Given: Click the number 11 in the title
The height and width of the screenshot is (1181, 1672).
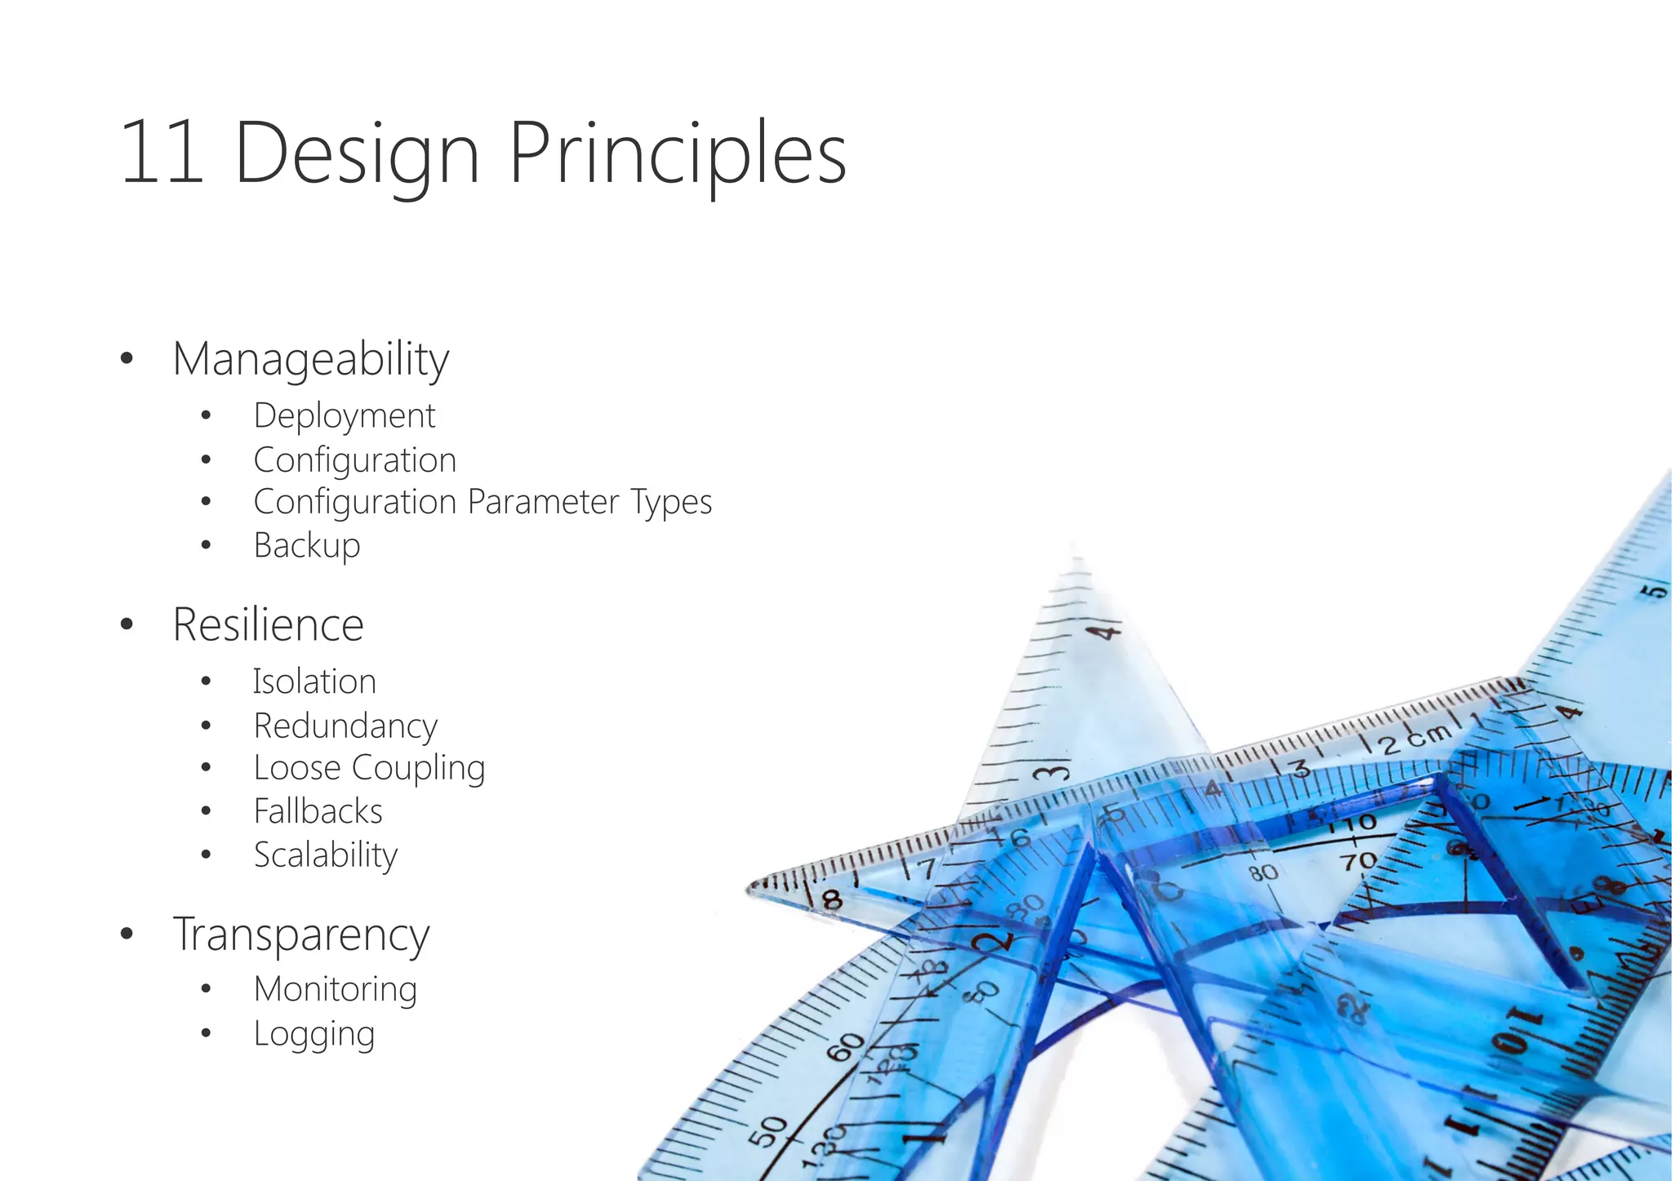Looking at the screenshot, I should (162, 153).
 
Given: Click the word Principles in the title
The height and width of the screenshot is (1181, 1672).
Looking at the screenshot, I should (678, 155).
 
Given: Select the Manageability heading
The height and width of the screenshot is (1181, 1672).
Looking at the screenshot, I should (310, 359).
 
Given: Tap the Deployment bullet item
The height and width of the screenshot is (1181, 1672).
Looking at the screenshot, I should (344, 416).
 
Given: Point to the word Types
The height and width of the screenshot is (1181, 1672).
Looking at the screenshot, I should (671, 503).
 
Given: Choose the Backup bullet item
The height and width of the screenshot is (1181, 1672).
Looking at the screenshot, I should (306, 545).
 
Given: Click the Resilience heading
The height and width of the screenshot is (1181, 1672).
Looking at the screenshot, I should (268, 625).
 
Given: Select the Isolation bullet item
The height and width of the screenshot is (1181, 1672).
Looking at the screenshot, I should (314, 682).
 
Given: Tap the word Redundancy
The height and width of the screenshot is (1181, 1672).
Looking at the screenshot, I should (345, 726).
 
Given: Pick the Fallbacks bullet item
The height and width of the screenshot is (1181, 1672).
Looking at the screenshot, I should (318, 811).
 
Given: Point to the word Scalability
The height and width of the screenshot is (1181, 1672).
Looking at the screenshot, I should (326, 855).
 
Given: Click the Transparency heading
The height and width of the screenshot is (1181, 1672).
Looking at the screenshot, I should (300, 935).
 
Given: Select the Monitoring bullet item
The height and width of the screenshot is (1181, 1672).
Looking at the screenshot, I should (335, 989).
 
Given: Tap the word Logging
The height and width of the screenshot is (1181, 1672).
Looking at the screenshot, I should (313, 1034).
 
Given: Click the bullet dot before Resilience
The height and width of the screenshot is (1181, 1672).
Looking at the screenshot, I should (126, 625).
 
